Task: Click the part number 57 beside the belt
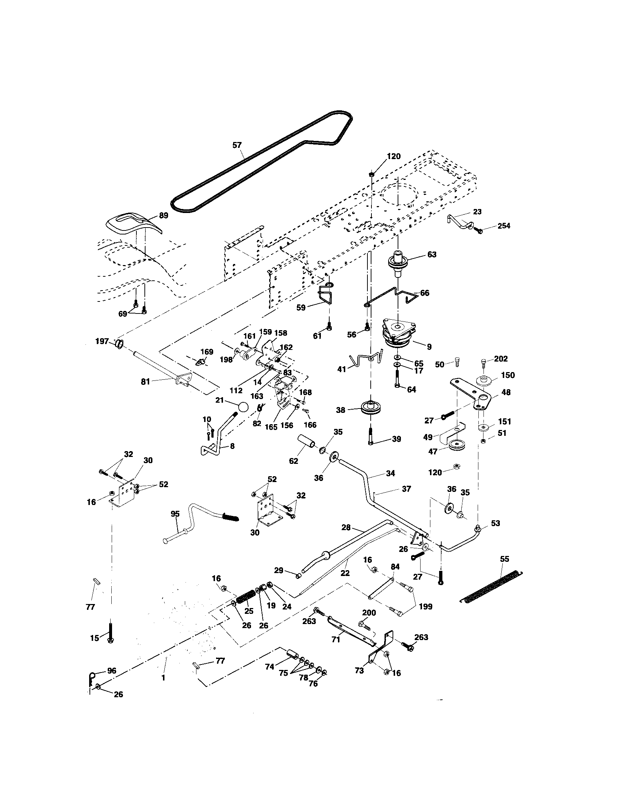pyautogui.click(x=237, y=145)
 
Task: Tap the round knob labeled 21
pyautogui.click(x=243, y=407)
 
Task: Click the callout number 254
pyautogui.click(x=503, y=226)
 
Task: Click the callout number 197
pyautogui.click(x=102, y=342)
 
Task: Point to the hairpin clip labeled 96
pyautogui.click(x=92, y=676)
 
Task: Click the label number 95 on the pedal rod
pyautogui.click(x=175, y=514)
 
